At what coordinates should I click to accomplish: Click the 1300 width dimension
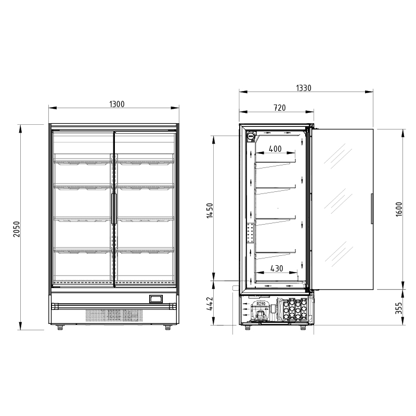[x=116, y=105]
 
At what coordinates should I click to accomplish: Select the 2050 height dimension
[x=17, y=229]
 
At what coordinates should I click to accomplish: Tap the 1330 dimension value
[x=304, y=88]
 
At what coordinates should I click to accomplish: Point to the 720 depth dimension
[x=280, y=108]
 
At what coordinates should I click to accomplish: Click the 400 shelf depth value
[x=275, y=149]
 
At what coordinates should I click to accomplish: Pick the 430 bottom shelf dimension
[x=277, y=268]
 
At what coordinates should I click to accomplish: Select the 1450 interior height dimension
[x=210, y=211]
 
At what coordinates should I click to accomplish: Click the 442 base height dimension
[x=210, y=304]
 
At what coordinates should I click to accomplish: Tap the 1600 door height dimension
[x=399, y=210]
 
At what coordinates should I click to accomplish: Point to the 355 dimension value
[x=399, y=308]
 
